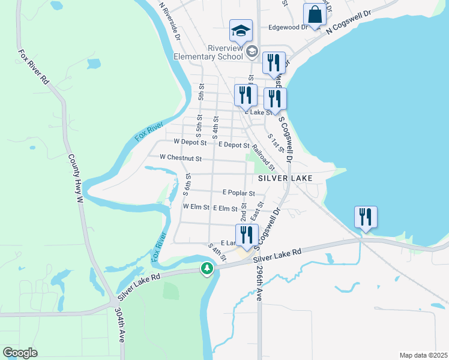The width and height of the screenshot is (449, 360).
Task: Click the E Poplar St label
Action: (x=238, y=193)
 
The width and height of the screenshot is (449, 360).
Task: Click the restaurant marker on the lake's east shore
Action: (x=365, y=217)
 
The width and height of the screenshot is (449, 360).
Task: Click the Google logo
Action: (x=20, y=352)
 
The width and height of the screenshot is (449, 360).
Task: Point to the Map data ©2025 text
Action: (x=423, y=355)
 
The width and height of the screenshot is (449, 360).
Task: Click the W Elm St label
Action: (x=196, y=207)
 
